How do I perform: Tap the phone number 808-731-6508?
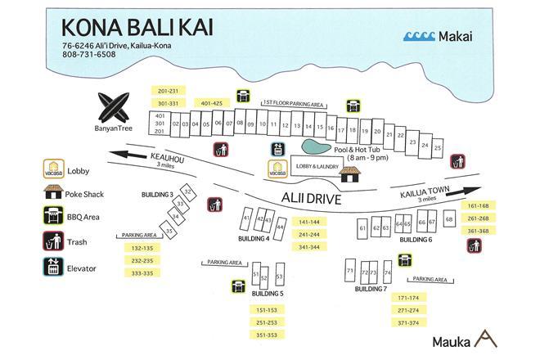(x=89, y=55)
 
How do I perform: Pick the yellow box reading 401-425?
(x=209, y=104)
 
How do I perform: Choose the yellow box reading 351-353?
(x=268, y=334)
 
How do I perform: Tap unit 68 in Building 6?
(x=449, y=219)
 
